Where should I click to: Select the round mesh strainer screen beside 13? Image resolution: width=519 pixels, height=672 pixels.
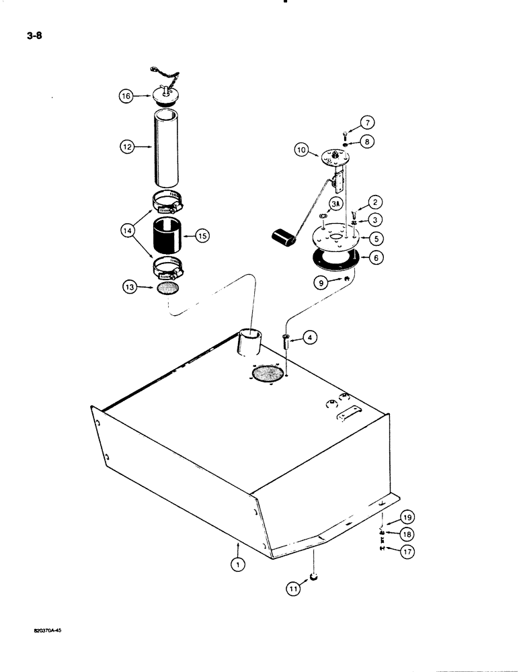click(x=166, y=287)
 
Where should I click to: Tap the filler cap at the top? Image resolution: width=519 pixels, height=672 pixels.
click(x=167, y=94)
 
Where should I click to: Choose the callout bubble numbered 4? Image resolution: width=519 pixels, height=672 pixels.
click(x=309, y=339)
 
